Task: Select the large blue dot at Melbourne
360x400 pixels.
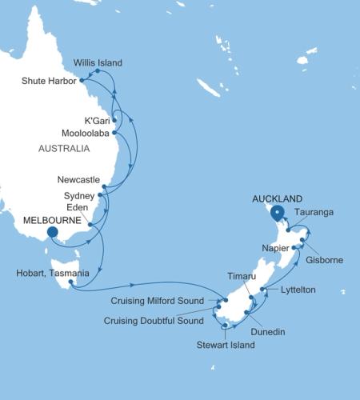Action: pos(53,233)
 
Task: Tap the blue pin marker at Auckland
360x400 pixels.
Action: pos(277,213)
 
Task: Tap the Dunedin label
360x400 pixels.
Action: pos(268,330)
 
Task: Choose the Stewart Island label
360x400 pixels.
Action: pos(226,345)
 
